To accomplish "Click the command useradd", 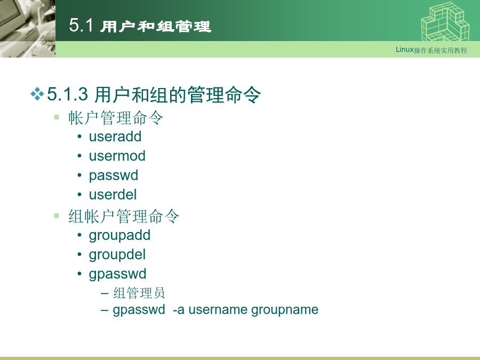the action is (115, 137).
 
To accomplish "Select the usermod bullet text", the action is (117, 156).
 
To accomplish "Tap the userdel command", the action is (113, 195).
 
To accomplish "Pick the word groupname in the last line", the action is (285, 310).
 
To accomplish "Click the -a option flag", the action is (179, 310).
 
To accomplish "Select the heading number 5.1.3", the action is (67, 94).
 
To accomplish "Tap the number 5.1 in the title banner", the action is (81, 25).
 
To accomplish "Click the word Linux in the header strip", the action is (405, 50).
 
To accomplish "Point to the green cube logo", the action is (445, 21).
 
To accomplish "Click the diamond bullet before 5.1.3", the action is (37, 94).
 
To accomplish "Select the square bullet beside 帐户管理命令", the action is (57, 117).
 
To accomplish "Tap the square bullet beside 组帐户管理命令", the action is (57, 215).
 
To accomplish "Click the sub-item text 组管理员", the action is (139, 293).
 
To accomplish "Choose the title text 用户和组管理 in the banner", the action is (156, 26).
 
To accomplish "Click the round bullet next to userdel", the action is (79, 194).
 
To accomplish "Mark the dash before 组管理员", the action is (105, 293).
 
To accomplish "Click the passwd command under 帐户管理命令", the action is (114, 175).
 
